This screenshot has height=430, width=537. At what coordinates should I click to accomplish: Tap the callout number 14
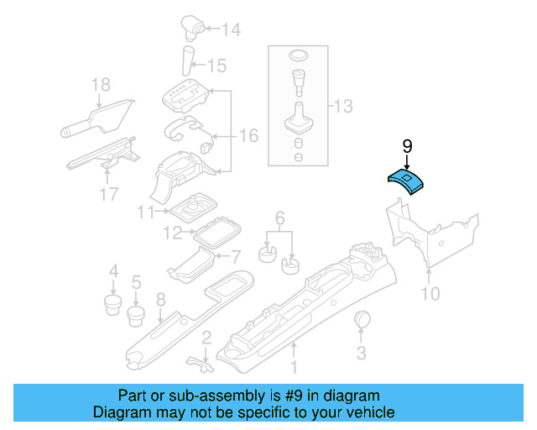[231, 30]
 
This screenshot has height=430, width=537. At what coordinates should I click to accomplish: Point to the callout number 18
[101, 84]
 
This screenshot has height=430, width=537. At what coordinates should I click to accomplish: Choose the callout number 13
[344, 107]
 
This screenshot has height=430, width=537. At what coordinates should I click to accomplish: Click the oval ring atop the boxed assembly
[297, 56]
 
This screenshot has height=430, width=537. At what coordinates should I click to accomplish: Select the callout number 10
[430, 294]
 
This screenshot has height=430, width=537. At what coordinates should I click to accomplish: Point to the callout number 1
[294, 366]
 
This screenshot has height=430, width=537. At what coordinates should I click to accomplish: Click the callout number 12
[171, 233]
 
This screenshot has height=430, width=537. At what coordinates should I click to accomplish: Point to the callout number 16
[249, 134]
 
